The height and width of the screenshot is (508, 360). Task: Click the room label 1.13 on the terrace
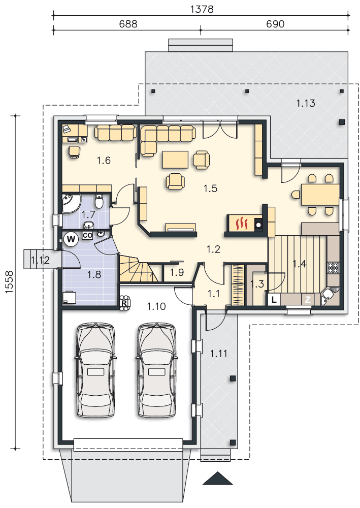[306, 103]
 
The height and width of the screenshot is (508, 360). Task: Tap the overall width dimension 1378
[202, 9]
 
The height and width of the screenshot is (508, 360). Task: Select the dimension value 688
[128, 24]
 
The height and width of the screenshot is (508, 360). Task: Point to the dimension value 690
[275, 24]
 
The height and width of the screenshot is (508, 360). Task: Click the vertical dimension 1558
[9, 282]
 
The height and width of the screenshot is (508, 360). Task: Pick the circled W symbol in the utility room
[71, 239]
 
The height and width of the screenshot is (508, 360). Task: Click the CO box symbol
[87, 236]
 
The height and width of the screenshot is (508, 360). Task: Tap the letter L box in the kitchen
[274, 300]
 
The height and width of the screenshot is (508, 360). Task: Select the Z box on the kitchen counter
[308, 299]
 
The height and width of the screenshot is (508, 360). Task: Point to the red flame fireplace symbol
[241, 223]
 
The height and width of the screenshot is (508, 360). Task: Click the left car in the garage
[95, 370]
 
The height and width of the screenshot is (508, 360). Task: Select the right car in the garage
[157, 370]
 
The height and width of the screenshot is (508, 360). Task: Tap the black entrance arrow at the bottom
[217, 478]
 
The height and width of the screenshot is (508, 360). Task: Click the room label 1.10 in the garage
[156, 306]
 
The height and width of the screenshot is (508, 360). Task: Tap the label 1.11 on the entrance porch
[219, 353]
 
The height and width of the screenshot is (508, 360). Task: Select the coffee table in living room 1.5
[175, 160]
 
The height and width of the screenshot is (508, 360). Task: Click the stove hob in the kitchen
[333, 268]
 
